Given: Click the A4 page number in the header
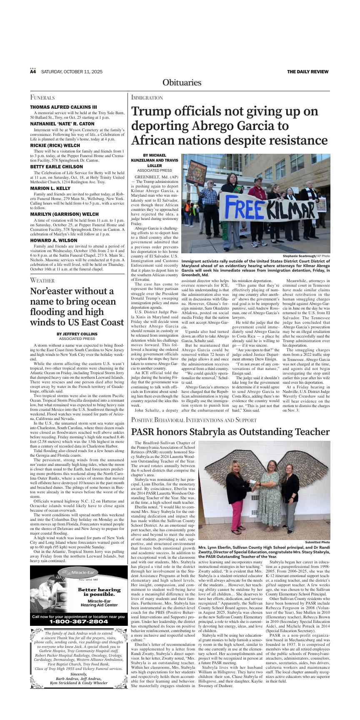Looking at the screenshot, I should click(33, 72).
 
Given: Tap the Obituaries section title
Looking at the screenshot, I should click(182, 82).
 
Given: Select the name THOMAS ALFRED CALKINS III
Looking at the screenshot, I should click(63, 107).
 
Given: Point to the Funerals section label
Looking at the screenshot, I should click(42, 97).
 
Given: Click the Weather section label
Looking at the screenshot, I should click(42, 280).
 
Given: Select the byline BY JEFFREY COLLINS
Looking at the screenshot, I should click(77, 334).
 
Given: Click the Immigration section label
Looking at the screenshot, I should click(147, 97).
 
